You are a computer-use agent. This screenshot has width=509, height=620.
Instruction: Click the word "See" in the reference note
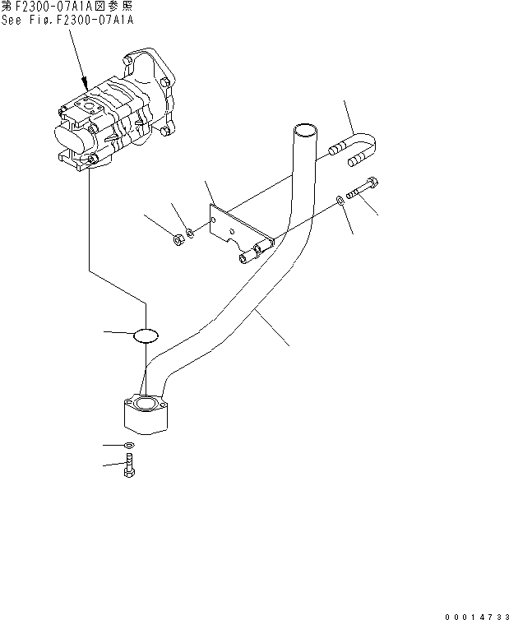click(x=13, y=19)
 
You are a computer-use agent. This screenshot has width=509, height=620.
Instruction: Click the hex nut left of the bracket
click(x=177, y=240)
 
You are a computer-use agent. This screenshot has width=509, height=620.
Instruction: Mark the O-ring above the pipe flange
click(x=146, y=333)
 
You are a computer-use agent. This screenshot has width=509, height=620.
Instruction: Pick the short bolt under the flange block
click(x=130, y=470)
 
